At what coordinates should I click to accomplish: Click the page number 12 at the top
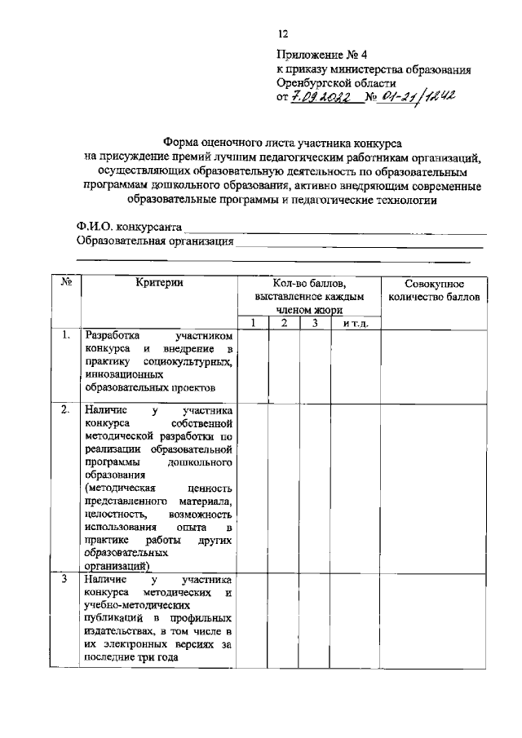point(283,34)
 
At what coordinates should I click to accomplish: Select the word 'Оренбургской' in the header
point(311,83)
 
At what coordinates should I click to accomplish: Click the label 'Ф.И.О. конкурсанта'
point(129,226)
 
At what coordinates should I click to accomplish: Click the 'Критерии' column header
point(159,283)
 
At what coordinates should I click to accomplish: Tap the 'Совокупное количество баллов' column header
point(435,290)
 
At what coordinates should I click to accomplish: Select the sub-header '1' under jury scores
point(253,324)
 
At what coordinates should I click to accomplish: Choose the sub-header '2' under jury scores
point(284,324)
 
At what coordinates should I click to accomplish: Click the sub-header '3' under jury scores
point(315,324)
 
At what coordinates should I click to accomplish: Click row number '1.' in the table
point(65,335)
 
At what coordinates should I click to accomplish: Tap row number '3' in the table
point(65,579)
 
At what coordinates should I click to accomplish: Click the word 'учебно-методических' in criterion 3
point(136,606)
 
